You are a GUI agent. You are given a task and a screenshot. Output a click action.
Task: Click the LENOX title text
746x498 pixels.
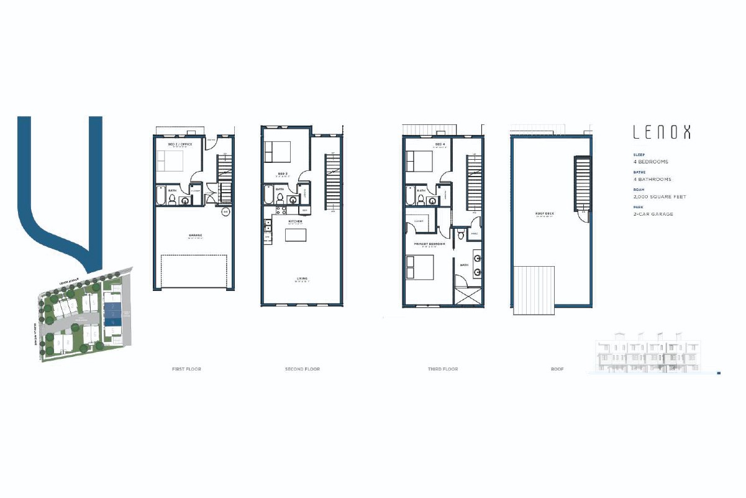pos(661,132)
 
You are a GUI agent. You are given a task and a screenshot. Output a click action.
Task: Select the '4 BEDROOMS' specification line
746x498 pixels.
pos(650,162)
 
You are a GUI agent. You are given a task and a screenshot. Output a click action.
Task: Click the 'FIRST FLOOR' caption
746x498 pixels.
pos(186,369)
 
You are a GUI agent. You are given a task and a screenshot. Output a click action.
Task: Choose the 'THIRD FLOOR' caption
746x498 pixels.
pos(443,369)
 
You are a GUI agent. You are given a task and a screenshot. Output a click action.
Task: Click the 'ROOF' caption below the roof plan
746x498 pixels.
pos(557,369)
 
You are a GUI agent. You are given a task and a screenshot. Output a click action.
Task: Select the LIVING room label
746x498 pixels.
pos(302,279)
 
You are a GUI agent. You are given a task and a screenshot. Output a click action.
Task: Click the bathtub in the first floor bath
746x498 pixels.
pos(161,196)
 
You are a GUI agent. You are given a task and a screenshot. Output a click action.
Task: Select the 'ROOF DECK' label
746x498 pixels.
pos(544,215)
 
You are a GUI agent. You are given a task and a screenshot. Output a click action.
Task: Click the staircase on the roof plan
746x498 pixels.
pos(582,183)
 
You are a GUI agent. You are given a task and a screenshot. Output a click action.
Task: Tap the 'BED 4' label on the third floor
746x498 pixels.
pos(440,144)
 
